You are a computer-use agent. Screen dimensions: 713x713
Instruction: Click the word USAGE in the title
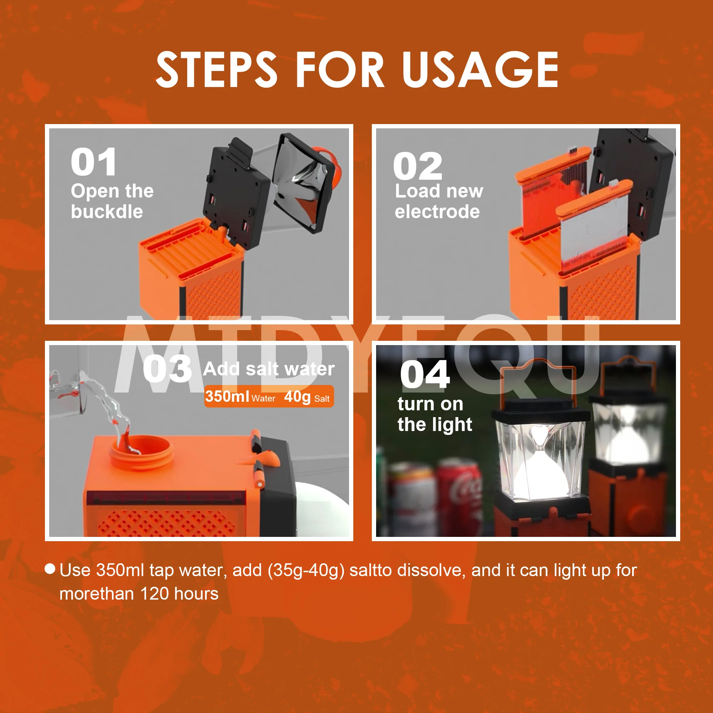(x=480, y=70)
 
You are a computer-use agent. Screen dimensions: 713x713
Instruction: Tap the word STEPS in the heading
(x=216, y=70)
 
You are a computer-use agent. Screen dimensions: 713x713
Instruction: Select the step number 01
(x=94, y=162)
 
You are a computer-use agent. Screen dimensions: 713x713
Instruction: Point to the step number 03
(x=167, y=369)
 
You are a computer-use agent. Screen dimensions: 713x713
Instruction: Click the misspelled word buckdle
(x=107, y=211)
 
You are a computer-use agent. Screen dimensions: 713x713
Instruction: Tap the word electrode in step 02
(x=437, y=211)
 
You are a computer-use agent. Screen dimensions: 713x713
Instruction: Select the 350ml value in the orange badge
(x=227, y=396)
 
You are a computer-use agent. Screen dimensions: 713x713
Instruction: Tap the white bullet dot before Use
(x=50, y=569)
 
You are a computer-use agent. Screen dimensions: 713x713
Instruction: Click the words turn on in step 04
(x=430, y=404)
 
